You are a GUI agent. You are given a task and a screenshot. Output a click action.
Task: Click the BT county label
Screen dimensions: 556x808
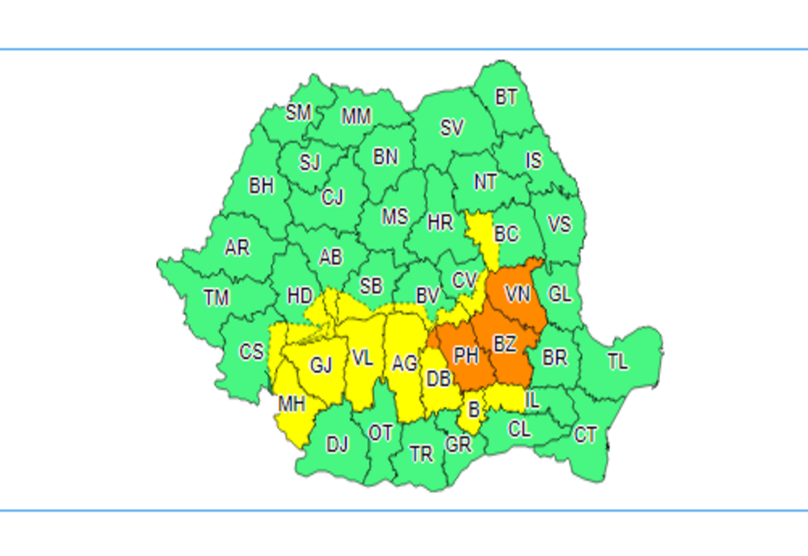click(x=507, y=98)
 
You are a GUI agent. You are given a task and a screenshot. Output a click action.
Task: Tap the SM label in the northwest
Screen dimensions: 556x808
click(x=298, y=112)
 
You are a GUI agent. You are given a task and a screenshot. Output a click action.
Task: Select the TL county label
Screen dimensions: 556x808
click(x=617, y=362)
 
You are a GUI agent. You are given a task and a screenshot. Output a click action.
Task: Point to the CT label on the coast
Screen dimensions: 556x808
click(x=586, y=436)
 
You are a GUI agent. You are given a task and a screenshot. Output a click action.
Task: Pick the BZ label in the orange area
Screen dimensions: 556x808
click(x=504, y=345)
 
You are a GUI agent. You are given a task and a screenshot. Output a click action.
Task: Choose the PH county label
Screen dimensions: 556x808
click(x=465, y=356)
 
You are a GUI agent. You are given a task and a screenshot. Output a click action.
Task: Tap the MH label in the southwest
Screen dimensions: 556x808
click(x=292, y=404)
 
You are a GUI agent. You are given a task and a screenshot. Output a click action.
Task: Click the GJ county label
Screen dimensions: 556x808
click(x=322, y=365)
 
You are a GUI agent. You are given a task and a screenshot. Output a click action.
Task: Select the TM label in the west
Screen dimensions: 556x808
click(x=217, y=298)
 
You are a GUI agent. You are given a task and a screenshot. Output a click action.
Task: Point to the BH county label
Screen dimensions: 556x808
click(x=261, y=186)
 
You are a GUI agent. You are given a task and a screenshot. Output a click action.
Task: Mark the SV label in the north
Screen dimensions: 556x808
click(x=452, y=128)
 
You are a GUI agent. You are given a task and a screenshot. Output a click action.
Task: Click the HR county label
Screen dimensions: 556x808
click(x=440, y=222)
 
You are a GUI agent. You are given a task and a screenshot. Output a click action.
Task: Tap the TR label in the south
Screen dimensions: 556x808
click(x=421, y=454)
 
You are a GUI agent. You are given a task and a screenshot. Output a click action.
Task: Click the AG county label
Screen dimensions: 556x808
click(x=405, y=364)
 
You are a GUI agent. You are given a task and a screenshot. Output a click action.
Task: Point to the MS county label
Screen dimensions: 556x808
click(x=395, y=217)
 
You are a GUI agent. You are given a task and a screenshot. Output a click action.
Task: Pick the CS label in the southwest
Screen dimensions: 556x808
click(x=251, y=352)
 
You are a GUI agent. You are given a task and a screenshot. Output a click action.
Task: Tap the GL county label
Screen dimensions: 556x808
click(x=560, y=294)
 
